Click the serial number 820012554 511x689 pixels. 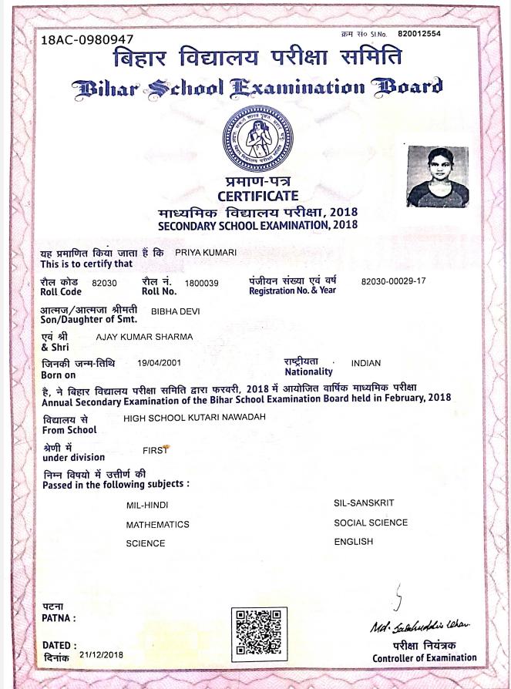(x=419, y=34)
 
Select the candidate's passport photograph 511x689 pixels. (x=437, y=177)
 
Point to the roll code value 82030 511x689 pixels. (x=104, y=284)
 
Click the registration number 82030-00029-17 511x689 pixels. (x=393, y=281)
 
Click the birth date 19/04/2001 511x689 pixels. (x=160, y=362)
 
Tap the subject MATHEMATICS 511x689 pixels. (x=158, y=524)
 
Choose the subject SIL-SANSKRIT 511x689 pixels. (x=364, y=502)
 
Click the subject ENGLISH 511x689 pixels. (x=353, y=541)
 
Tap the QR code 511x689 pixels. (x=257, y=634)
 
